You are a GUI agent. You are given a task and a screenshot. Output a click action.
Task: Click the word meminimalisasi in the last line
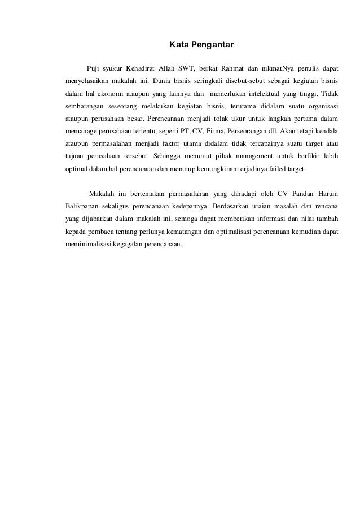(x=89, y=243)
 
